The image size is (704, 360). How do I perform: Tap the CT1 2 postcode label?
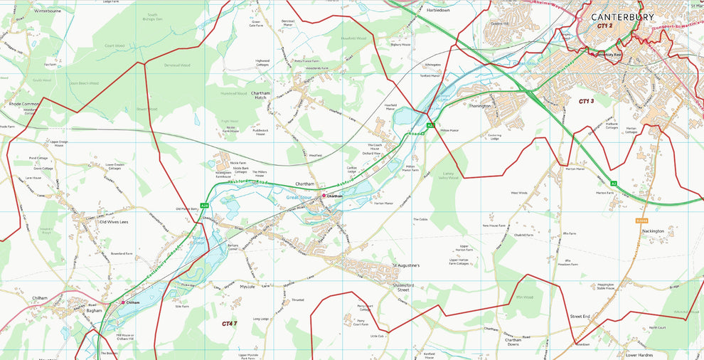(604, 26)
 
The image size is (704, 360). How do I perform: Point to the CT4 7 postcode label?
(229, 324)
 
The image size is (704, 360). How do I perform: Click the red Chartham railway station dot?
(324, 196)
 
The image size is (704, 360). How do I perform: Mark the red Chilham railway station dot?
(123, 302)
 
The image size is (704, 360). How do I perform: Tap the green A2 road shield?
(613, 184)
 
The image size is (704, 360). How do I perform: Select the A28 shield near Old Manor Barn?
(204, 206)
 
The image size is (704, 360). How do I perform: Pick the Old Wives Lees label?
(114, 223)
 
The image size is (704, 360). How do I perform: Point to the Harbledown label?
(437, 11)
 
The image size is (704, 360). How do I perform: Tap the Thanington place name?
(480, 106)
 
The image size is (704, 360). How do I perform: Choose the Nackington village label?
(653, 231)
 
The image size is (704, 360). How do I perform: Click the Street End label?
(580, 316)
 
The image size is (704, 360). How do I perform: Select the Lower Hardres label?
(639, 354)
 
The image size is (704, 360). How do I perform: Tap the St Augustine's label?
(407, 266)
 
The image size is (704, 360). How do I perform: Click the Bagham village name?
(95, 311)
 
